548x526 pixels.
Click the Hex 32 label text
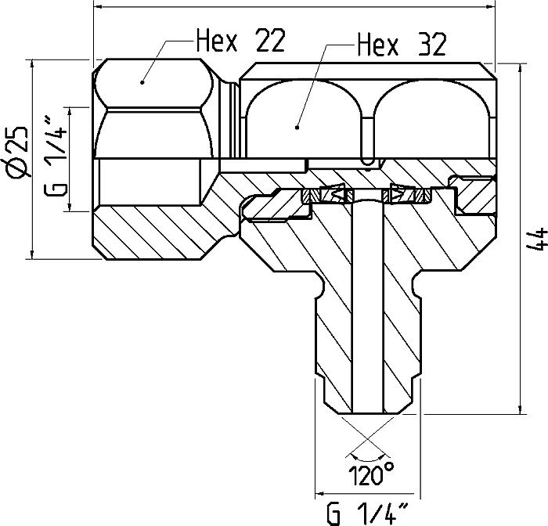click(400, 45)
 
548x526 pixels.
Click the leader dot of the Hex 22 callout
click(142, 80)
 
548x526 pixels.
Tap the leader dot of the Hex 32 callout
click(297, 124)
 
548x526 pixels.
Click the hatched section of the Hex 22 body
click(149, 227)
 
